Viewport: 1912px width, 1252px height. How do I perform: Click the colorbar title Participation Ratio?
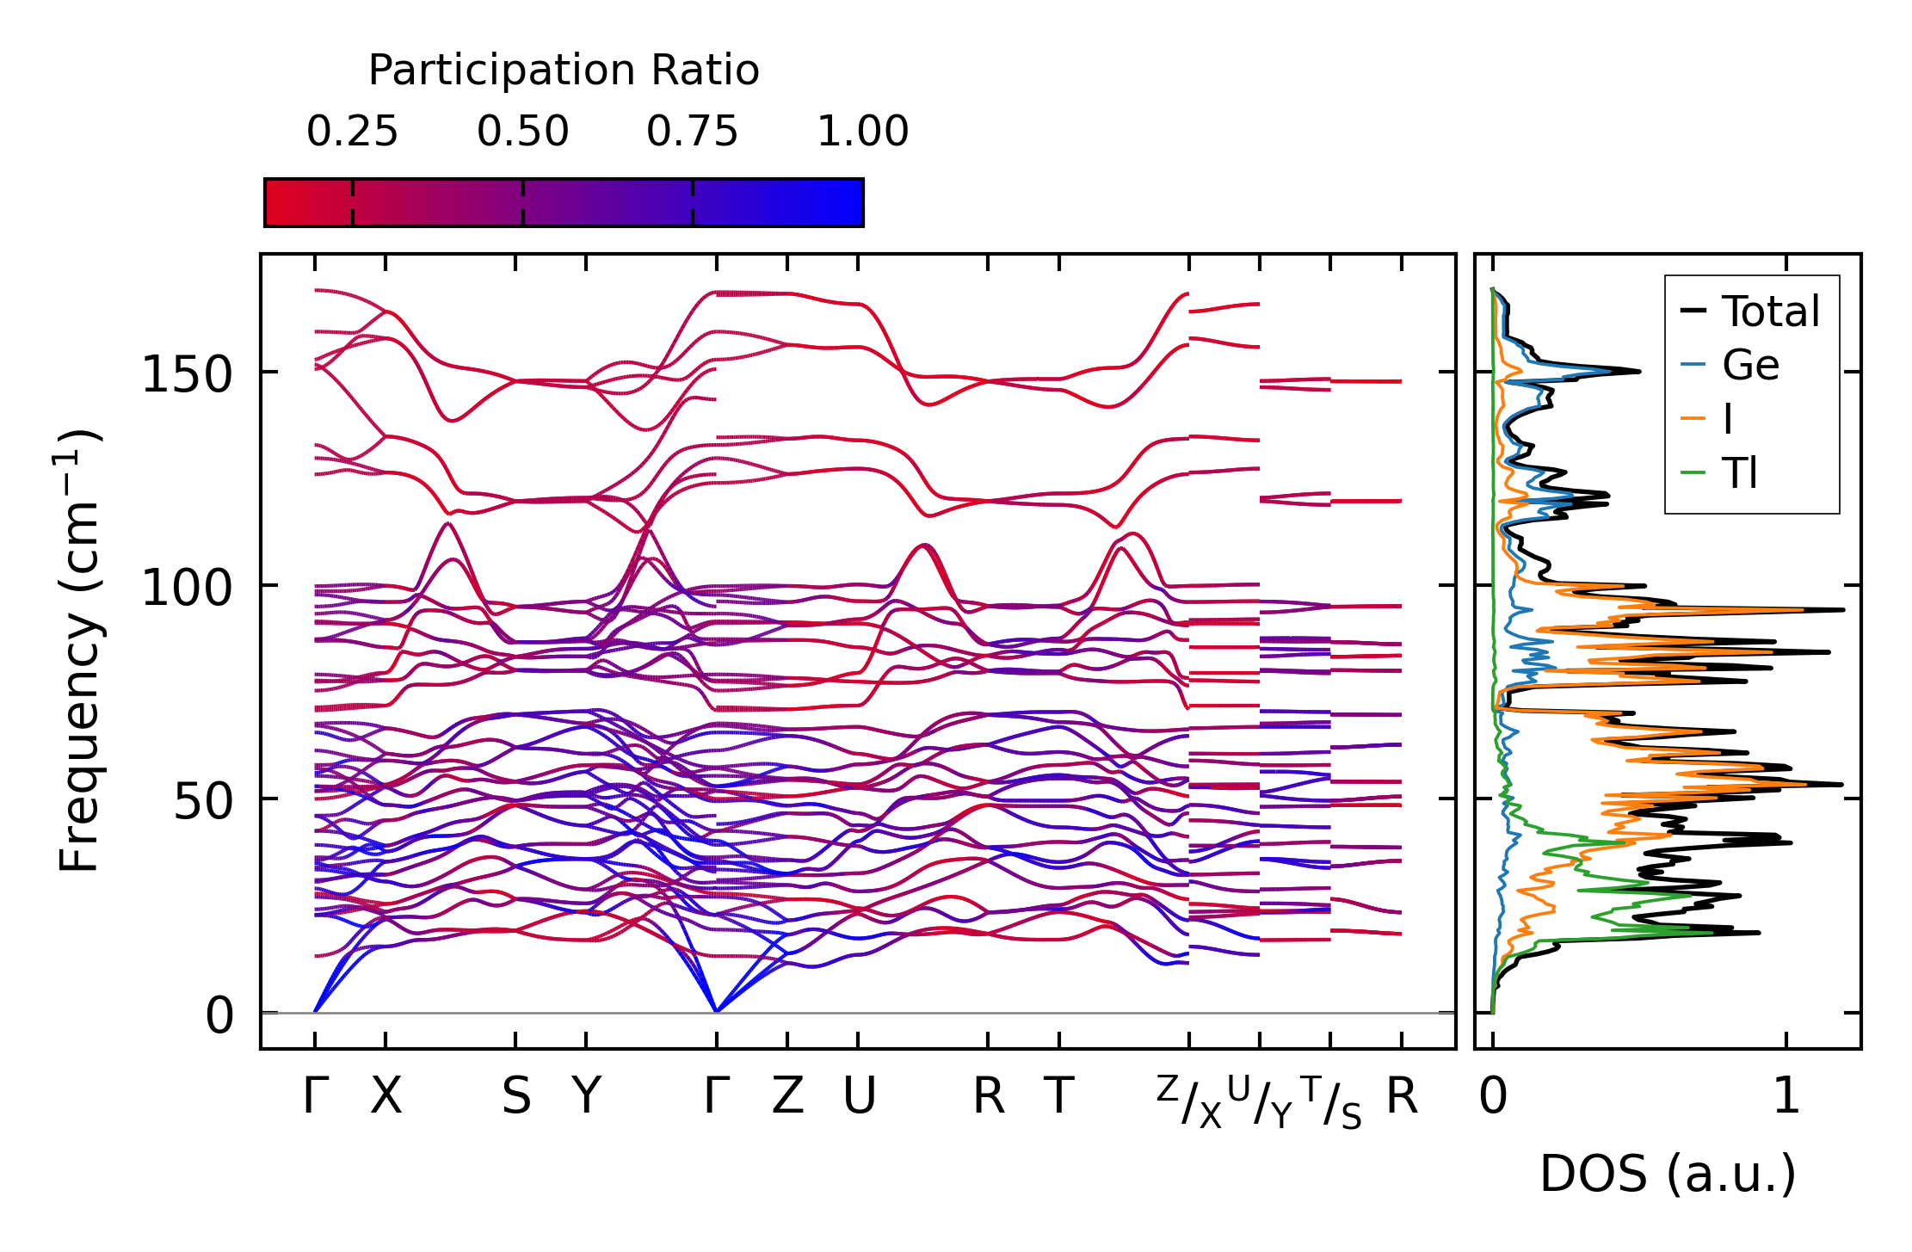pyautogui.click(x=564, y=71)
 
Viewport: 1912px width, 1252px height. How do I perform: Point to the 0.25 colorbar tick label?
pyautogui.click(x=352, y=132)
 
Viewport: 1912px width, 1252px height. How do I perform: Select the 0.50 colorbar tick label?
pyautogui.click(x=522, y=132)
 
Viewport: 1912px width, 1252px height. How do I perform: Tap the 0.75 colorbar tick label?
pyautogui.click(x=692, y=132)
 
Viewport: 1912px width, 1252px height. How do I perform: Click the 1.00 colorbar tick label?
pyautogui.click(x=862, y=132)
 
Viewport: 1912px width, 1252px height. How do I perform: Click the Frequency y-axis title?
pyautogui.click(x=80, y=651)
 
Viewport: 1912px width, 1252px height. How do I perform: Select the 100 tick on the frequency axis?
pyautogui.click(x=187, y=589)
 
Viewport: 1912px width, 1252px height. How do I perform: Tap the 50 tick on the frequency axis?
pyautogui.click(x=203, y=802)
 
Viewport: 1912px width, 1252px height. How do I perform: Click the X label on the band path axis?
pyautogui.click(x=385, y=1097)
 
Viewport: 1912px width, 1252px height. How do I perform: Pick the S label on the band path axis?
pyautogui.click(x=515, y=1097)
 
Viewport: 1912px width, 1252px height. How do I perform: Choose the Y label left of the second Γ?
pyautogui.click(x=586, y=1097)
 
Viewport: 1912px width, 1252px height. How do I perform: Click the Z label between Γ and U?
pyautogui.click(x=787, y=1097)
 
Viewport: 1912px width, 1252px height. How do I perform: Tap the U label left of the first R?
pyautogui.click(x=859, y=1097)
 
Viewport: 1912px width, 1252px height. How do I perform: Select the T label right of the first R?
pyautogui.click(x=1058, y=1097)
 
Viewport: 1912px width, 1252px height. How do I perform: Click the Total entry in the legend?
pyautogui.click(x=1770, y=311)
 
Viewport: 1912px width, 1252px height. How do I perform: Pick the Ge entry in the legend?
pyautogui.click(x=1750, y=366)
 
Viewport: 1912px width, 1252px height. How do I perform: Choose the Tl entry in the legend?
pyautogui.click(x=1739, y=473)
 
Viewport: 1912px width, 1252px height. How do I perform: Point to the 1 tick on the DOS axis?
pyautogui.click(x=1786, y=1097)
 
